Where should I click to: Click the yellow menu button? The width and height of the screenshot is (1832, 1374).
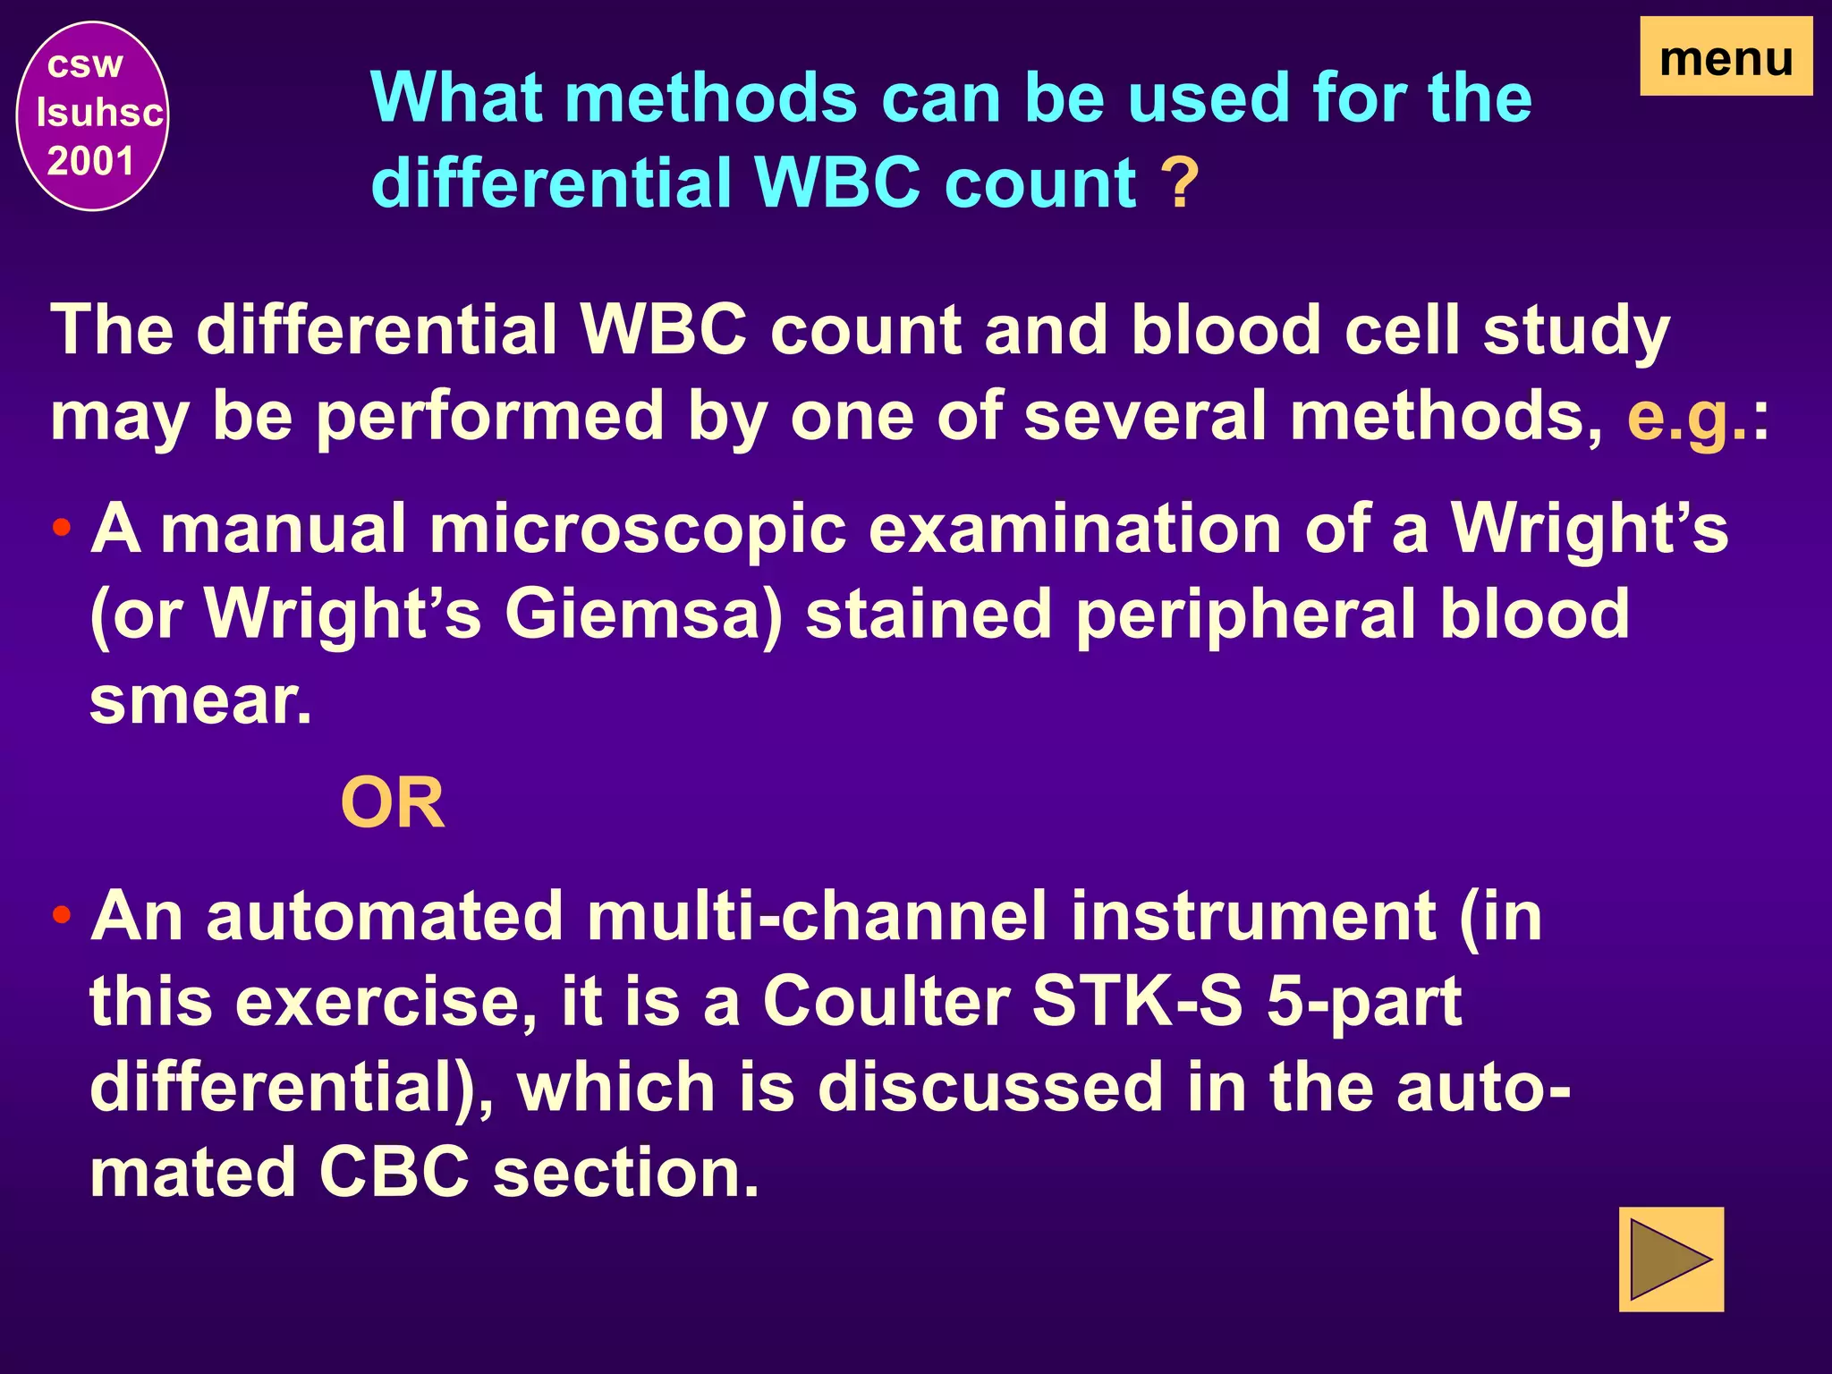(1726, 56)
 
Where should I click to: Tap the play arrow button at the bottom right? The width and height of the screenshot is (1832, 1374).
(1670, 1259)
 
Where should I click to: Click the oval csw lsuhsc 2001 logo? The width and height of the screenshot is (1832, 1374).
(93, 116)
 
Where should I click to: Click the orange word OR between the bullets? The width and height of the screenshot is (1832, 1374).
(393, 804)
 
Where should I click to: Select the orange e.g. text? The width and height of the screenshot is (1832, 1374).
(1686, 417)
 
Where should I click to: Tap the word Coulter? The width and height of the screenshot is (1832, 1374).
(886, 1002)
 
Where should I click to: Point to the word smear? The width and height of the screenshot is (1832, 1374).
(200, 701)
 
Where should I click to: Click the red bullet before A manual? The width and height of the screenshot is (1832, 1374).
(62, 528)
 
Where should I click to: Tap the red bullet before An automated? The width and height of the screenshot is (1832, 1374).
(62, 915)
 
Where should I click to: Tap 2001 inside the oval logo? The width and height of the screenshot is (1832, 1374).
(90, 162)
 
